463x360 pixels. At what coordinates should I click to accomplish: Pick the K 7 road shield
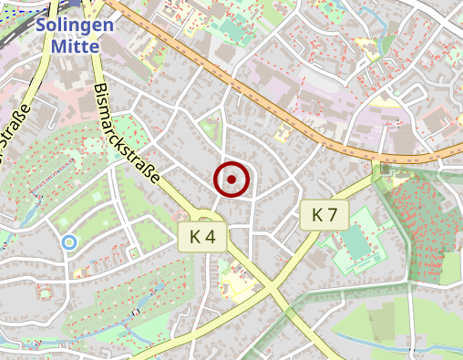pyautogui.click(x=324, y=215)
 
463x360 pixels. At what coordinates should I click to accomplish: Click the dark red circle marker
pyautogui.click(x=231, y=179)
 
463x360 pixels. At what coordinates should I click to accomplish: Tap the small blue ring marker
pyautogui.click(x=68, y=242)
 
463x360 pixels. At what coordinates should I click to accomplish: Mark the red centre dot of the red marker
pyautogui.click(x=231, y=179)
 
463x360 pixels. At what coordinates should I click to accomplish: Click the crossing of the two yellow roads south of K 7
pyautogui.click(x=273, y=290)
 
